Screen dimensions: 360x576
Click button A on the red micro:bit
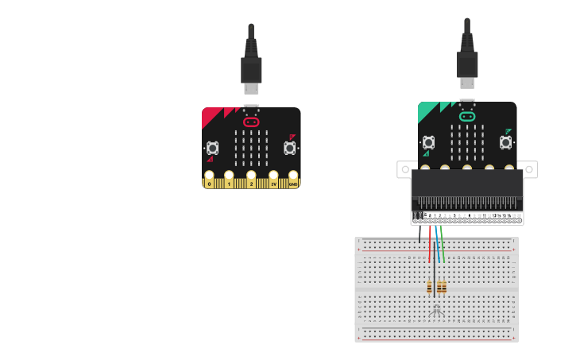point(212,148)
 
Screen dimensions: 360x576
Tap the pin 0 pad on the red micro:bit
point(209,180)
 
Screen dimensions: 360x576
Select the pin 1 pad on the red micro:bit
point(229,180)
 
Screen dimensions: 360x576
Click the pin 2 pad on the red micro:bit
point(251,180)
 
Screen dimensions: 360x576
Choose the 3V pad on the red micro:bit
point(273,180)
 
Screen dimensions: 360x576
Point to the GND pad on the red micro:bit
point(293,180)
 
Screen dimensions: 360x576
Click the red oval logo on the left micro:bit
point(251,122)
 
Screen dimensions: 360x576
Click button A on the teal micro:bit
point(428,142)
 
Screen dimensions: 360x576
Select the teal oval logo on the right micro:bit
point(467,117)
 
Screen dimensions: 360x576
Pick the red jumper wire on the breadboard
point(430,245)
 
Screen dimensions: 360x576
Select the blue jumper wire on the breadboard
point(437,245)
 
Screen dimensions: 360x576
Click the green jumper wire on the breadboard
point(443,245)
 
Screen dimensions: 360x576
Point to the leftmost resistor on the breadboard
point(430,286)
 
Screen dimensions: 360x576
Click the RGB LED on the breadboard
point(436,311)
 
